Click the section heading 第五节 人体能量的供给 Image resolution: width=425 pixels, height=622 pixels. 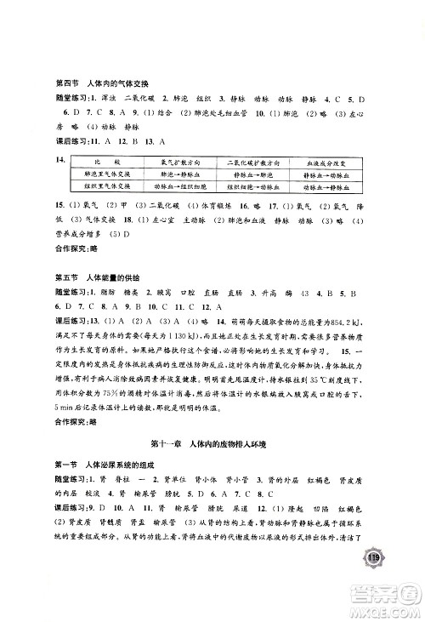[x=96, y=278]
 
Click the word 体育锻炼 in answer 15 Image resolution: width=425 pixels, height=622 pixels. [x=209, y=205]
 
